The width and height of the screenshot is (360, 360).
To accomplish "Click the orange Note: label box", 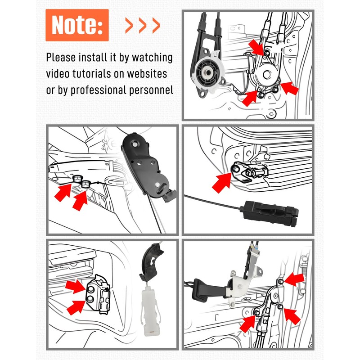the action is [77, 25].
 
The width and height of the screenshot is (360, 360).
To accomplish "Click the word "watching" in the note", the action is [152, 58].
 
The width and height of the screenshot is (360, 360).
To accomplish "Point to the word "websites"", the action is [147, 74].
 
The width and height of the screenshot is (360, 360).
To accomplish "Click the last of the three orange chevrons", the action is [156, 26].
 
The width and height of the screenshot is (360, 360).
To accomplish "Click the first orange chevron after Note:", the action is [129, 26].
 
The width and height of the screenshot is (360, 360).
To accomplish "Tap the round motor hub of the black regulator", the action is [208, 72].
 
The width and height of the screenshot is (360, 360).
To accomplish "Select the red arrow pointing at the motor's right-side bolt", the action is [290, 88].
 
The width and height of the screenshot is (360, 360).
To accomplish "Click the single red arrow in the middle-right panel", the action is [222, 183].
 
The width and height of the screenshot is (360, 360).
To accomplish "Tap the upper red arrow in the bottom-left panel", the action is [75, 286].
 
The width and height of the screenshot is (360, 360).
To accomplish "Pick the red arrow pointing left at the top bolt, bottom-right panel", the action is [294, 279].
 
